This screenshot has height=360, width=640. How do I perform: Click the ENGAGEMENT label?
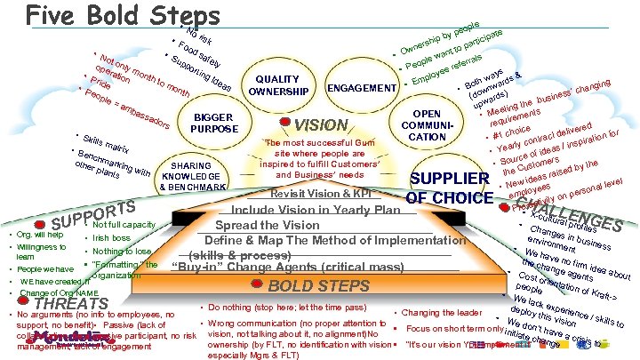pyautogui.click(x=362, y=88)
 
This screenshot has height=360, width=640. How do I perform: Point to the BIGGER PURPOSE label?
pyautogui.click(x=212, y=123)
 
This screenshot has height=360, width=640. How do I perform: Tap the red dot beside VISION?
pyautogui.click(x=283, y=123)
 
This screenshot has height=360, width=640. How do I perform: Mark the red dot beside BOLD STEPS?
pyautogui.click(x=257, y=285)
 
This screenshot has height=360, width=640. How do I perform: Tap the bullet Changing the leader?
pyautogui.click(x=438, y=312)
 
